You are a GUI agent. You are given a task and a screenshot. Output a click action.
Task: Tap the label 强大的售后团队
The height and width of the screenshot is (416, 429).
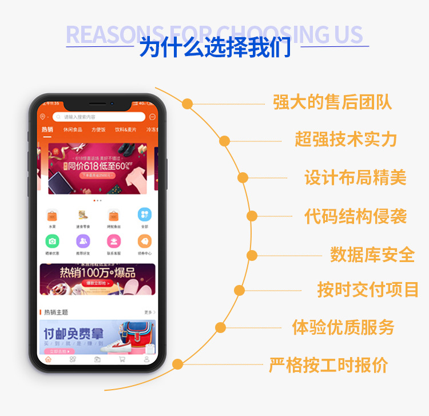click(x=332, y=103)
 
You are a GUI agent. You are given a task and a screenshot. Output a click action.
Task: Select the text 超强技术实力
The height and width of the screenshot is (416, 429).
click(x=345, y=139)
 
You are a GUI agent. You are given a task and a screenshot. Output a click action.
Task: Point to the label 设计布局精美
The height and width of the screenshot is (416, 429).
click(x=355, y=177)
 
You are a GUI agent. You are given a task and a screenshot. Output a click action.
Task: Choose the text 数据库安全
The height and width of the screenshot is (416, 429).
click(x=372, y=255)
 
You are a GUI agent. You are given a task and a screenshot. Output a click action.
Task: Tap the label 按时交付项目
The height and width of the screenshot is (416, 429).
click(x=368, y=290)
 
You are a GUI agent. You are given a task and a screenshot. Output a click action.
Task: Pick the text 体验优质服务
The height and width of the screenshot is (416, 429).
click(x=343, y=327)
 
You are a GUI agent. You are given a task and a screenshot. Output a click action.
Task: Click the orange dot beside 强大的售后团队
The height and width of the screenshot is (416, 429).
click(x=187, y=104)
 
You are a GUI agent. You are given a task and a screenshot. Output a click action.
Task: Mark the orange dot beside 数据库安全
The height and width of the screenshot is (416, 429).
click(x=252, y=255)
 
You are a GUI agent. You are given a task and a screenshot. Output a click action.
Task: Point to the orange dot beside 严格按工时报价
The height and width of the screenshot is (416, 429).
click(x=178, y=364)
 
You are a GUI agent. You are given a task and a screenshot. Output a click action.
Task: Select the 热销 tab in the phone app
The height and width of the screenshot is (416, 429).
click(x=47, y=130)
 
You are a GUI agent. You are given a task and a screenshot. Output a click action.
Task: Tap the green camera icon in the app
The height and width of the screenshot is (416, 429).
click(x=52, y=241)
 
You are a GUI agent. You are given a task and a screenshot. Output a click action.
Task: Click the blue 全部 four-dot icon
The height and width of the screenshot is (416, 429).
click(x=145, y=215)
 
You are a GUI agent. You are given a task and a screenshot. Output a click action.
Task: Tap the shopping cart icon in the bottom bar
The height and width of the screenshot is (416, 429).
click(x=122, y=359)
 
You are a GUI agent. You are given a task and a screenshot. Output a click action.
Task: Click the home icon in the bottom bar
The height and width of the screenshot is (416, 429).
click(x=48, y=359)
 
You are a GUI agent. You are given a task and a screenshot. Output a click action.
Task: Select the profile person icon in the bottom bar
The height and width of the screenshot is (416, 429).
click(x=146, y=359)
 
